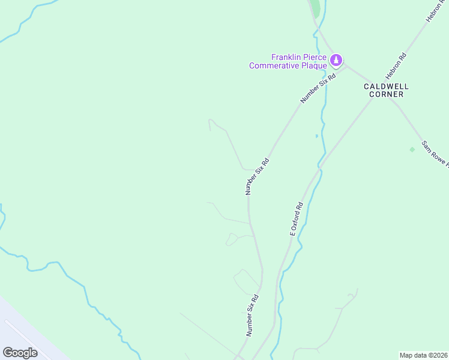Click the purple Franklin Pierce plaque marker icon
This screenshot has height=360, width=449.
pyautogui.click(x=337, y=60)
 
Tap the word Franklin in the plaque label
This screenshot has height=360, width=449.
pyautogui.click(x=286, y=57)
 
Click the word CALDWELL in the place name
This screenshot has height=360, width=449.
pyautogui.click(x=387, y=86)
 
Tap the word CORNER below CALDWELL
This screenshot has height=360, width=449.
pyautogui.click(x=387, y=95)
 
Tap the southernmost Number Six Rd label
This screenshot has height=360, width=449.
pyautogui.click(x=252, y=314)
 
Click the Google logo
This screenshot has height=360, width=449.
pyautogui.click(x=20, y=353)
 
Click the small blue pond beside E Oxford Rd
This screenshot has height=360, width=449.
pyautogui.click(x=317, y=136)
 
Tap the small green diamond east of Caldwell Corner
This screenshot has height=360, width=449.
pyautogui.click(x=412, y=149)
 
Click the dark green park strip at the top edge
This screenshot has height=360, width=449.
pyautogui.click(x=315, y=8)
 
